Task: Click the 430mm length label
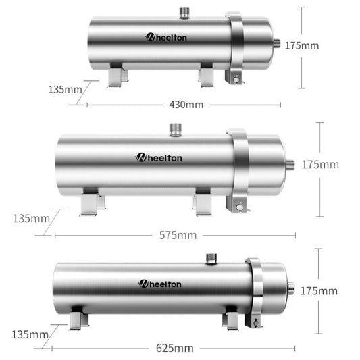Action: pos(186,105)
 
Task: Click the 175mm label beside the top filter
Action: pos(301,45)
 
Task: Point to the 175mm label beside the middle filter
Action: pos(320,164)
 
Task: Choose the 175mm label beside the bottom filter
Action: pos(319,291)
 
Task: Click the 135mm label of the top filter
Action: pos(65,89)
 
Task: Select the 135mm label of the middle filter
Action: pos(31,218)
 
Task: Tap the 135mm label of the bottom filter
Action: pos(30,334)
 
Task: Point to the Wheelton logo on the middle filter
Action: pos(159,157)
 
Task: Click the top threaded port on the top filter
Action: pos(185,13)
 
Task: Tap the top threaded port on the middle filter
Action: pos(176,128)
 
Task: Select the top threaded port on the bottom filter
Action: pos(211,257)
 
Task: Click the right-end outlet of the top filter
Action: pos(276,43)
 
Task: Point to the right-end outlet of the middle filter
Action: pos(290,164)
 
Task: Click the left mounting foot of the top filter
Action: pos(117,75)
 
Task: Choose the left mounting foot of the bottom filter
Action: pos(78,318)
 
